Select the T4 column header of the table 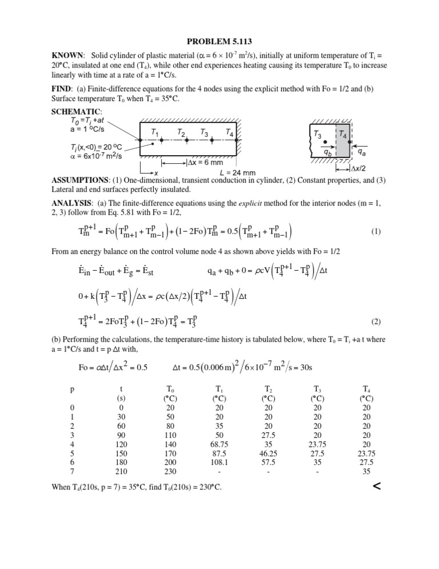tap(366, 388)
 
